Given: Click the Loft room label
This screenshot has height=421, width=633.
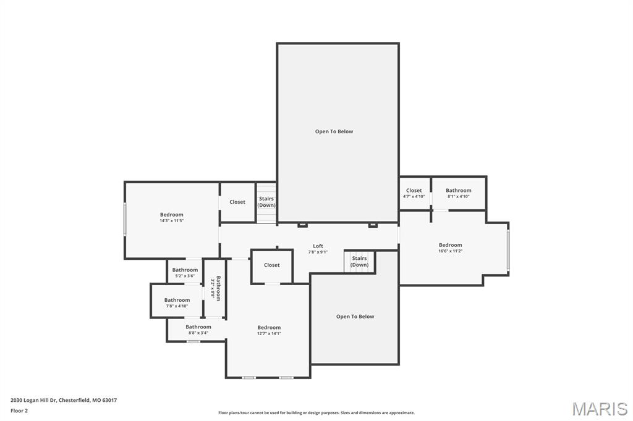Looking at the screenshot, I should pyautogui.click(x=318, y=246).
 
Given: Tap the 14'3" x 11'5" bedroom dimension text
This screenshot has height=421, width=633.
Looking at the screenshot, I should pyautogui.click(x=172, y=220).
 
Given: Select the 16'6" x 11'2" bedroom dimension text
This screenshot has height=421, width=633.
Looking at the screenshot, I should pyautogui.click(x=450, y=251).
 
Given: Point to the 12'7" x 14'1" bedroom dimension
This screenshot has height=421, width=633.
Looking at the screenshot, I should pyautogui.click(x=269, y=333).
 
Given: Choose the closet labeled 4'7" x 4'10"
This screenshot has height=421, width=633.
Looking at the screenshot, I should pyautogui.click(x=414, y=196).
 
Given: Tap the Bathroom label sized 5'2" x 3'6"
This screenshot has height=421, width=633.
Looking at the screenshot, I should pyautogui.click(x=185, y=276).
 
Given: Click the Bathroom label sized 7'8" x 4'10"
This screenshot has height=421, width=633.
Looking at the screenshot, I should pyautogui.click(x=177, y=306).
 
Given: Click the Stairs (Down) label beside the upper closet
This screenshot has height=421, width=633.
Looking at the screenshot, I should pyautogui.click(x=266, y=202).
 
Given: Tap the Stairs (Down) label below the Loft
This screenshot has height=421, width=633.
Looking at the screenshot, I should pyautogui.click(x=360, y=262).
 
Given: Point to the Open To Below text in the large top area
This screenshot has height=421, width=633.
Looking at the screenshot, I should pyautogui.click(x=334, y=131).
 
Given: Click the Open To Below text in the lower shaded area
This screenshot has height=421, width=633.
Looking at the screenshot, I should pyautogui.click(x=355, y=317).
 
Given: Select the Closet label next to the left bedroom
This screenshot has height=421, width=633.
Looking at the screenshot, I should pyautogui.click(x=237, y=202).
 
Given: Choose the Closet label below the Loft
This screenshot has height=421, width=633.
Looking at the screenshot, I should pyautogui.click(x=272, y=265).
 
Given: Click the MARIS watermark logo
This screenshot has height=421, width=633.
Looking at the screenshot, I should pyautogui.click(x=600, y=409).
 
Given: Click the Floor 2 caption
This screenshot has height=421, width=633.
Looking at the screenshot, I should pyautogui.click(x=19, y=411).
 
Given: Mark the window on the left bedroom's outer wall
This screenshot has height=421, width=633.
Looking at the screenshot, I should pyautogui.click(x=125, y=219).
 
